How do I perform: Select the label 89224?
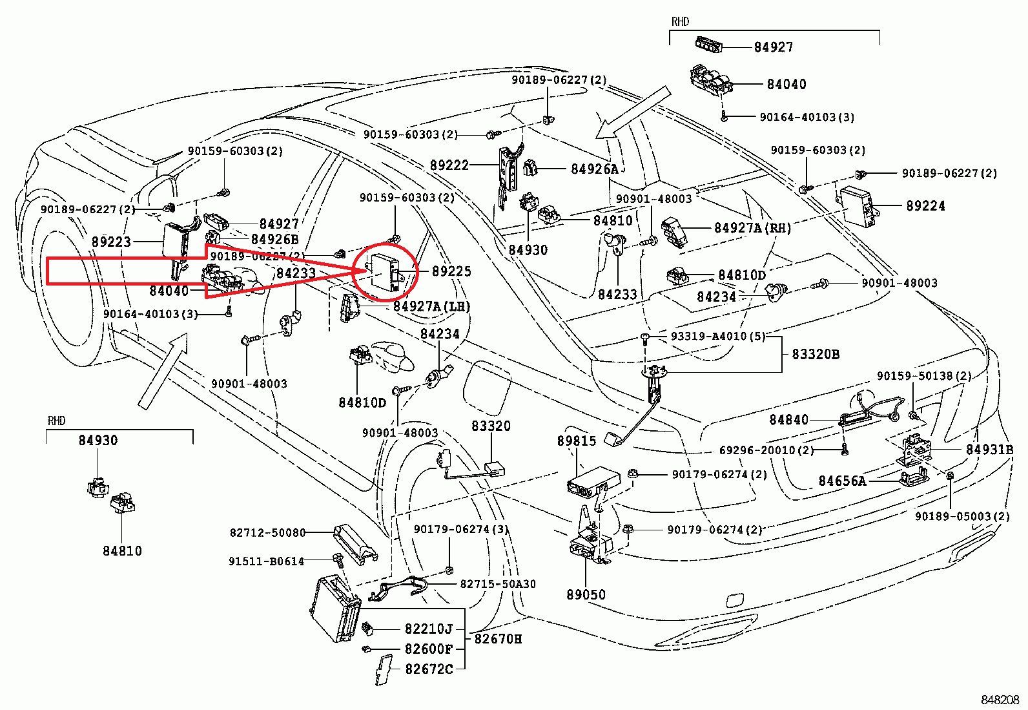925,206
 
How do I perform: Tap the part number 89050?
586,594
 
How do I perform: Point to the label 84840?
788,420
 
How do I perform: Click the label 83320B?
816,354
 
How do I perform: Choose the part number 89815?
577,441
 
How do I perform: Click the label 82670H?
498,638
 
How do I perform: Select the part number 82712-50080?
267,533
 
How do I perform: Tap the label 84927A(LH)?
431,306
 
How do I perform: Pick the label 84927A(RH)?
752,228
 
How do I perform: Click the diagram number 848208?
1000,700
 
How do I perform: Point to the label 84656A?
842,481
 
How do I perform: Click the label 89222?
449,165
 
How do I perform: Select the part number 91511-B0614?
266,561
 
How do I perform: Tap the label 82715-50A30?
497,584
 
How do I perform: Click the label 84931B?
989,449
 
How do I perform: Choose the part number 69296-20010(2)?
766,450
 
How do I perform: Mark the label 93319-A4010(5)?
717,337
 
